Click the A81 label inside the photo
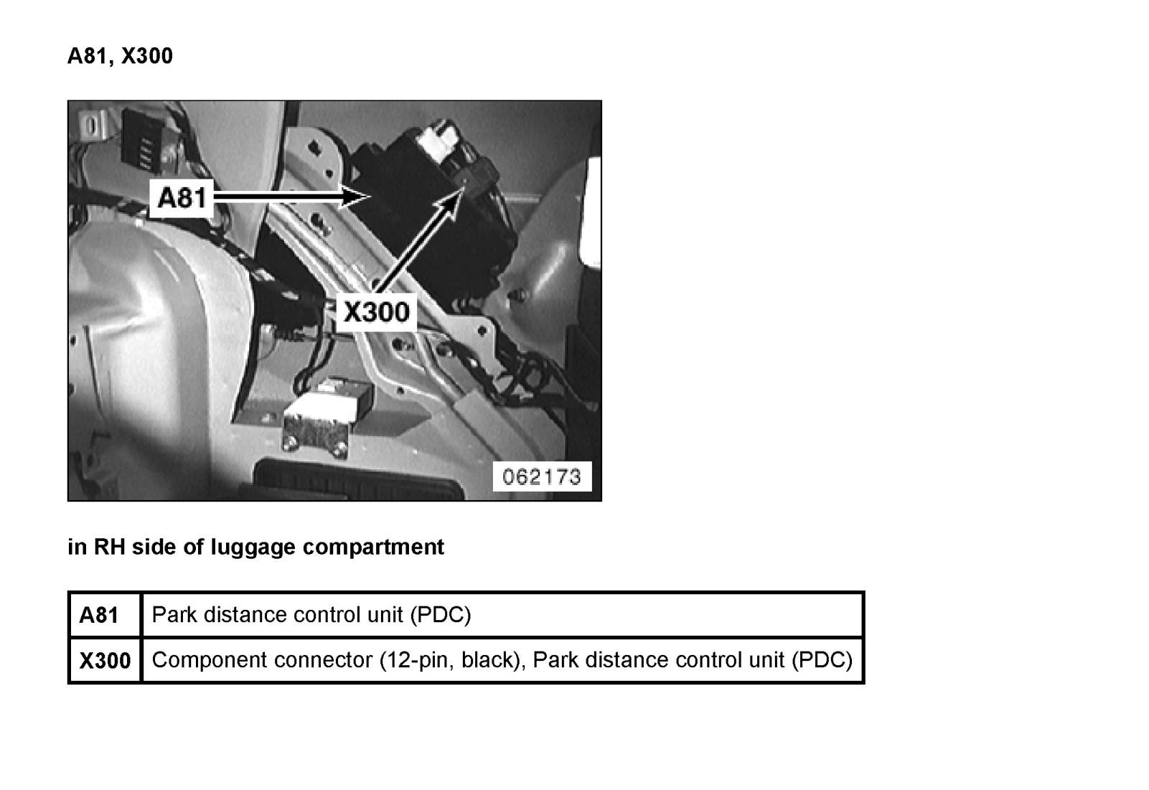point(182,196)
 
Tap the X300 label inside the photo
point(376,312)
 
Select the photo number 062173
point(542,476)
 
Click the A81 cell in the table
point(99,615)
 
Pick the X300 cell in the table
point(105,660)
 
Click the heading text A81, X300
point(120,56)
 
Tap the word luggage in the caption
point(255,547)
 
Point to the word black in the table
point(488,659)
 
